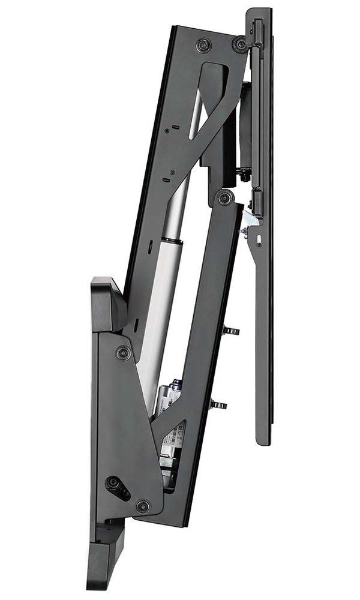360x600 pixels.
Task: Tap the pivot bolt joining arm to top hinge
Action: (241, 44)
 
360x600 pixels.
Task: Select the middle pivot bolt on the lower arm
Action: (224, 199)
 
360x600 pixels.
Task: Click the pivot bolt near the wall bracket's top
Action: (124, 353)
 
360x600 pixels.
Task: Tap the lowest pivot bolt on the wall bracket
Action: (143, 506)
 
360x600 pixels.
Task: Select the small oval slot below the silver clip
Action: (259, 242)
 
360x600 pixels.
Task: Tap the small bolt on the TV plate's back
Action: (243, 174)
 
